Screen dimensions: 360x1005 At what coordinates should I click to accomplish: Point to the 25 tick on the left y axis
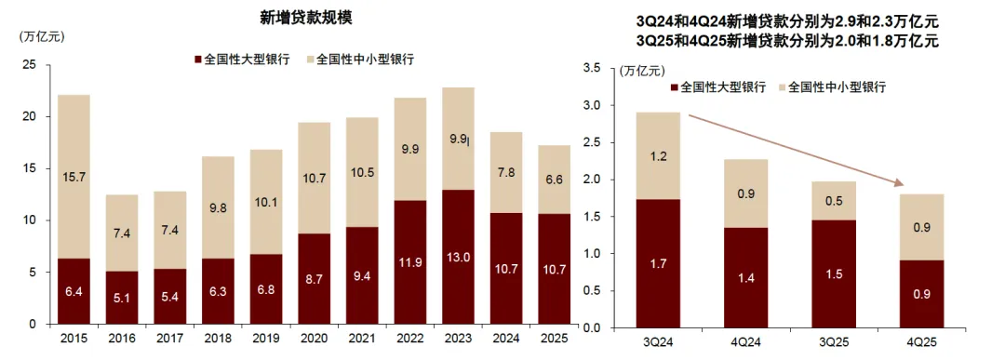(x=30, y=65)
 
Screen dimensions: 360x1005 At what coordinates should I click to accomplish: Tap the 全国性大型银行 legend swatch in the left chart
(x=197, y=59)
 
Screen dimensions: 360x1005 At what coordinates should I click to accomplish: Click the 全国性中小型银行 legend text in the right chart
(x=837, y=87)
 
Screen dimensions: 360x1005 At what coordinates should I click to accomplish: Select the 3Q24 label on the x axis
(x=658, y=341)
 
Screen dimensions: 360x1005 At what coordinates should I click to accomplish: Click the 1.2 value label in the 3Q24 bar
(x=658, y=156)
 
